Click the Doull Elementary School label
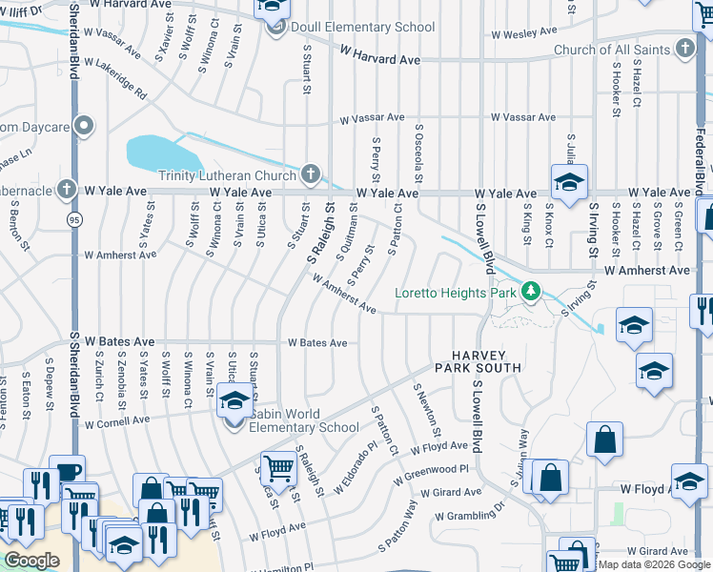tap(362, 27)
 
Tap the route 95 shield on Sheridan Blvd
tap(72, 220)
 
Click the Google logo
tap(31, 561)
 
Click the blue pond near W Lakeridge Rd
tap(161, 153)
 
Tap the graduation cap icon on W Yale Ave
tap(569, 183)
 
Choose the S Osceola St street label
tap(418, 153)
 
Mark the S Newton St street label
tap(426, 404)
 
